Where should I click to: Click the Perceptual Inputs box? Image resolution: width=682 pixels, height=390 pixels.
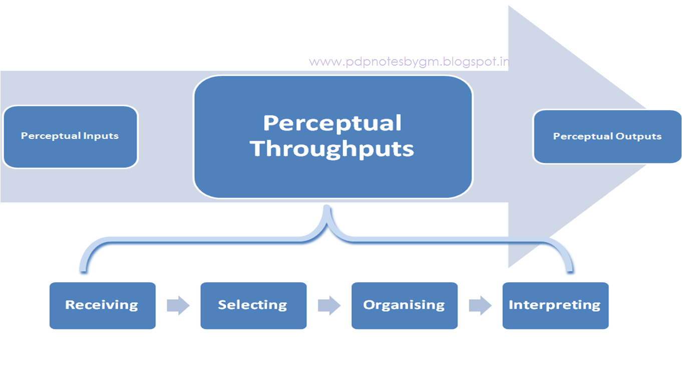click(70, 136)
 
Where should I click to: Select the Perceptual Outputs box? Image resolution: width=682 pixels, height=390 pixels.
click(607, 137)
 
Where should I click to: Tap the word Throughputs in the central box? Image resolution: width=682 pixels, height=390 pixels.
click(332, 148)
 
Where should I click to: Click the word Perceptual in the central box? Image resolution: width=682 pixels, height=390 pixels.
click(332, 123)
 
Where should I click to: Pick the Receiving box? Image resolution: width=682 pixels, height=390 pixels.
click(102, 305)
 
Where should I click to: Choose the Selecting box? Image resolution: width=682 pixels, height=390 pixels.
click(253, 305)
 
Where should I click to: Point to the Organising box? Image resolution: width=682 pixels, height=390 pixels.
click(404, 305)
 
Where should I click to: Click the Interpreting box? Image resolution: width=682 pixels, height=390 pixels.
click(555, 305)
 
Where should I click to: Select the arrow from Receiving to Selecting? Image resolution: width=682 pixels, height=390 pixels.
click(178, 305)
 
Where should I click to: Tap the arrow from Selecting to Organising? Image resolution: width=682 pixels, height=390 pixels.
click(329, 305)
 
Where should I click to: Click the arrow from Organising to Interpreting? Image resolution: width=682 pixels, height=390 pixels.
click(480, 305)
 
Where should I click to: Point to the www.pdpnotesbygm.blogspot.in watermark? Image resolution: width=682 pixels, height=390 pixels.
click(409, 62)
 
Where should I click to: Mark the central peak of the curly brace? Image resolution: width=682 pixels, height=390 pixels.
click(327, 209)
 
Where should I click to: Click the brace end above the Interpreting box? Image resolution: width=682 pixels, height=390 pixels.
click(570, 271)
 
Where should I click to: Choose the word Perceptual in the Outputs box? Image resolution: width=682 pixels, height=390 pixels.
click(583, 136)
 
